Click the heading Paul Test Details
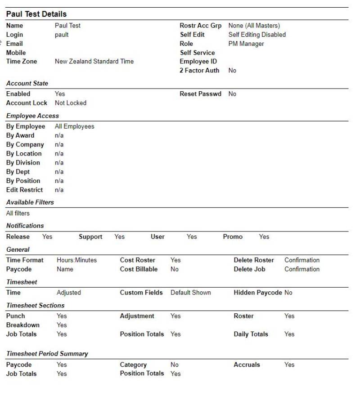click(x=36, y=14)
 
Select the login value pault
click(x=62, y=35)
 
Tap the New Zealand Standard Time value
click(x=94, y=62)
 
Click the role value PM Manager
click(x=246, y=44)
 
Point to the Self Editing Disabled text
click(x=257, y=35)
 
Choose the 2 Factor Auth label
click(x=199, y=71)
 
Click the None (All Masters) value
click(x=254, y=26)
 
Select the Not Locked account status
click(x=71, y=103)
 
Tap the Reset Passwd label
click(x=200, y=94)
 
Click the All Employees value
click(x=75, y=126)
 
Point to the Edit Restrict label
click(x=25, y=190)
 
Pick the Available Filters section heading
click(x=30, y=202)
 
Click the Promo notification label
click(x=233, y=237)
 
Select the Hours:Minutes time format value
click(x=76, y=260)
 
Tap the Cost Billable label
click(x=139, y=269)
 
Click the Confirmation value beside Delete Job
click(x=302, y=269)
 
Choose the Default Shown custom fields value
click(x=190, y=293)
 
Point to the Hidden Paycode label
click(x=258, y=293)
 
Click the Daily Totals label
click(x=251, y=334)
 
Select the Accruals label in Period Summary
click(x=247, y=365)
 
